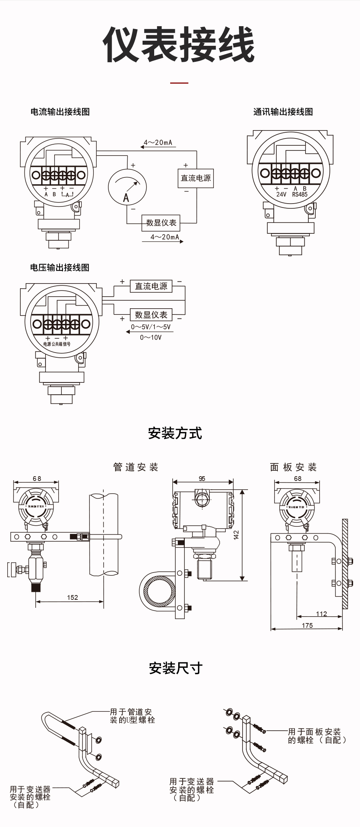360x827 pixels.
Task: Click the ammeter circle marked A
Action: (x=127, y=188)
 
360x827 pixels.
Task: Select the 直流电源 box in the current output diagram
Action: (x=196, y=178)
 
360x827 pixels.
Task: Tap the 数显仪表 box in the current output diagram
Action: (x=161, y=223)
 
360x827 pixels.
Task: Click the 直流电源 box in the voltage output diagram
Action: (x=151, y=286)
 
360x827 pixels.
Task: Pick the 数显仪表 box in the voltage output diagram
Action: (x=151, y=315)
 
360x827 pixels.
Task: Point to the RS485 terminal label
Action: (x=300, y=194)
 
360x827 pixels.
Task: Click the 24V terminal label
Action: (x=281, y=194)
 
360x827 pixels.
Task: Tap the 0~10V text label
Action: (x=151, y=337)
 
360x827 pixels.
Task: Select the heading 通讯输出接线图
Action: (x=283, y=112)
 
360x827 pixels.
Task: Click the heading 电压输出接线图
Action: (x=60, y=268)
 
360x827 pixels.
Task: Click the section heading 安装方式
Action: (x=175, y=433)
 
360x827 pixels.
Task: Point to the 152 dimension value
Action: (x=72, y=597)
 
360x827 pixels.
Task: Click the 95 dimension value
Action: (x=202, y=478)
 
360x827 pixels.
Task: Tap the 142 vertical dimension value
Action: (x=236, y=535)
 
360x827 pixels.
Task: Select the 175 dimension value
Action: (x=307, y=625)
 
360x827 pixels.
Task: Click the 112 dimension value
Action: (x=321, y=614)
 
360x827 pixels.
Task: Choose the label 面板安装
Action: (x=293, y=467)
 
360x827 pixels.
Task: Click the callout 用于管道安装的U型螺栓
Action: (x=132, y=716)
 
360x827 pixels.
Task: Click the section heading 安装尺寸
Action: (x=176, y=668)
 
